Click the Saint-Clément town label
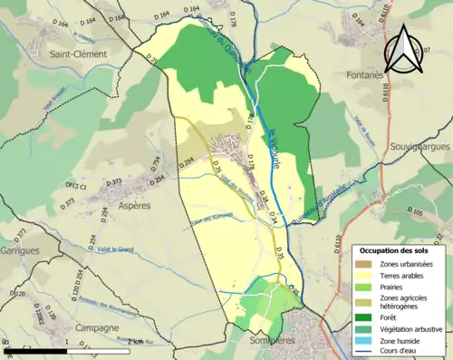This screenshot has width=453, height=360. coord(79,54)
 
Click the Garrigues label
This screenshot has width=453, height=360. coord(19,248)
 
